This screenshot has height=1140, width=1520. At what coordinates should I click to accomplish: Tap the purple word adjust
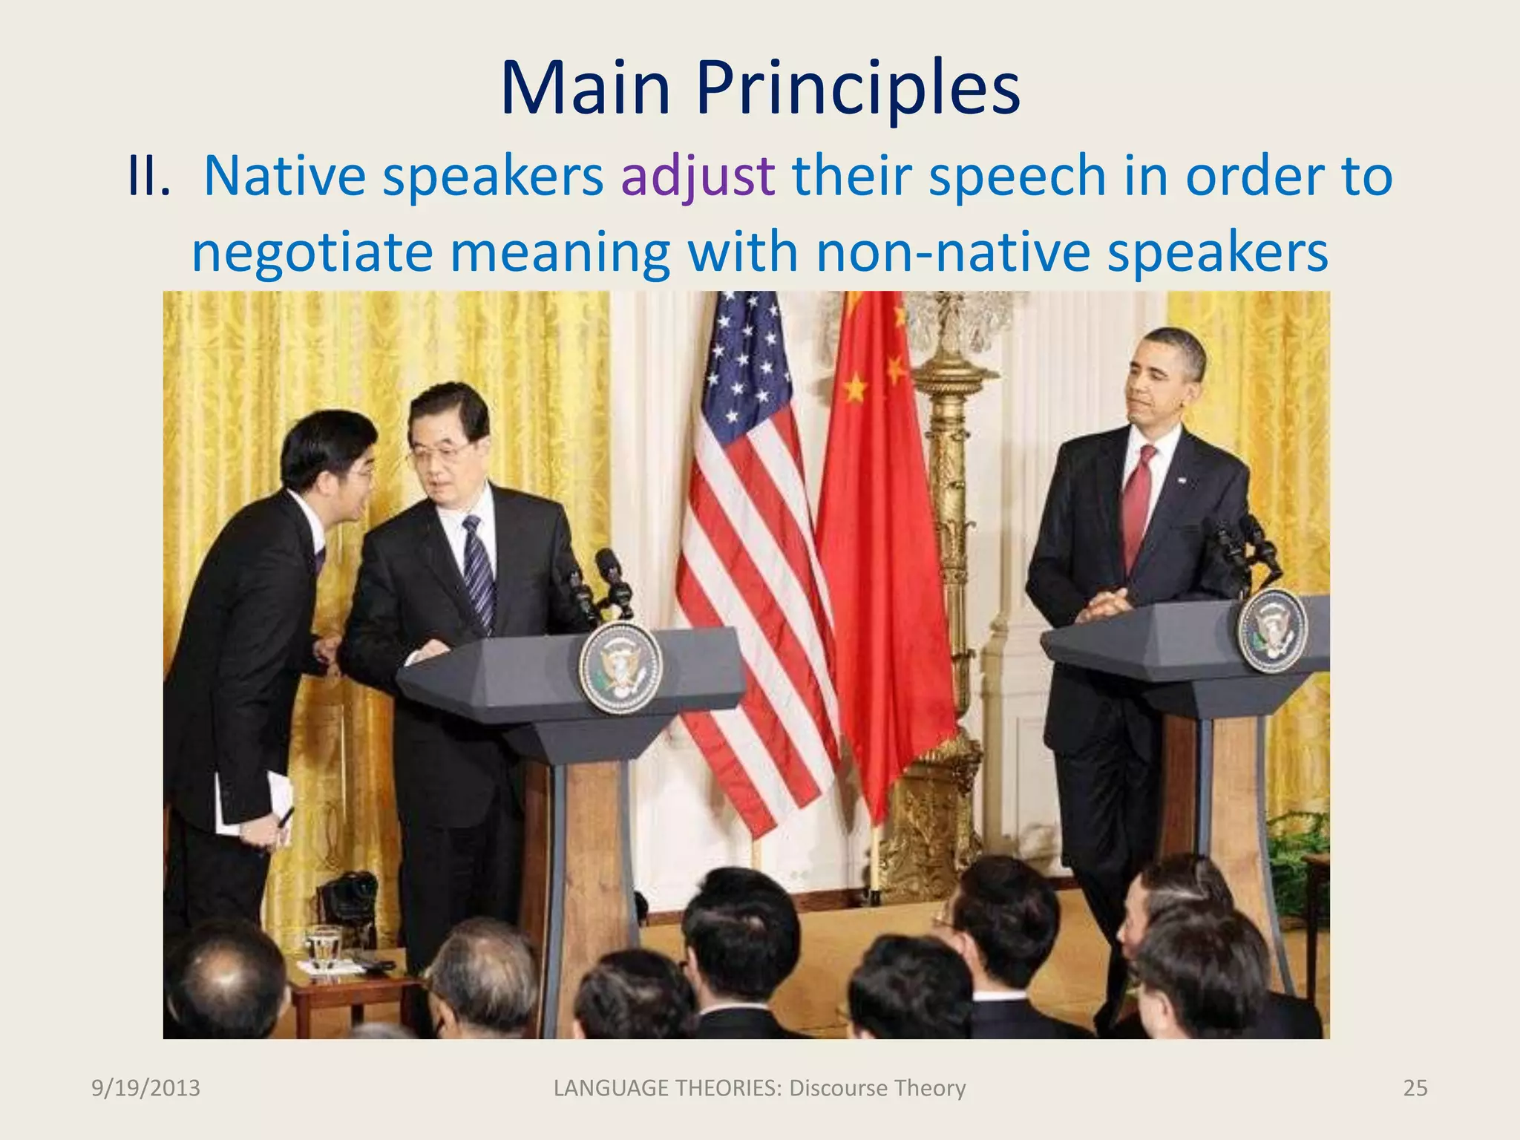(698, 177)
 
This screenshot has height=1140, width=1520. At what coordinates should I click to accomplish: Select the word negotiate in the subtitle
(312, 252)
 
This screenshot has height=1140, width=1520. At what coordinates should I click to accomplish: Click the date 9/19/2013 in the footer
(145, 1088)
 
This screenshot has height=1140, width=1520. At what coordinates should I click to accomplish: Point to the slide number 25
(1415, 1088)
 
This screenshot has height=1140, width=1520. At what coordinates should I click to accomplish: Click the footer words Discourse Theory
(877, 1088)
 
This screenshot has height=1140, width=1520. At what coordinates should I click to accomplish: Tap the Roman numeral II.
(148, 177)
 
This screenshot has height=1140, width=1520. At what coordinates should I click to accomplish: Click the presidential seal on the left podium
(620, 668)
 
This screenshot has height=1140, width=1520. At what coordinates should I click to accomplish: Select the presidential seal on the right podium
(1272, 630)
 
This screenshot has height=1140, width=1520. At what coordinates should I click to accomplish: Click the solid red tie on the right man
(1136, 505)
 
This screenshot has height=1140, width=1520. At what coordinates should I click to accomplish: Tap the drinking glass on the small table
(324, 946)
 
